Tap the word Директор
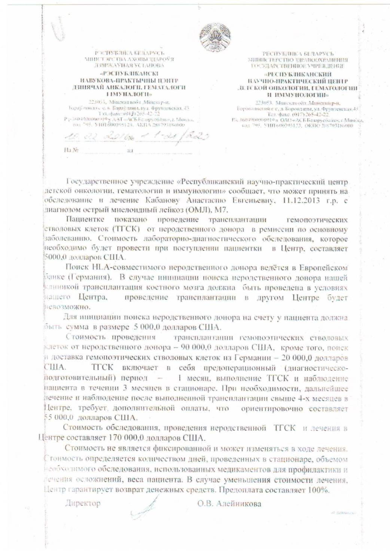coord(83,503)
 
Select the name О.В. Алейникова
coord(229,503)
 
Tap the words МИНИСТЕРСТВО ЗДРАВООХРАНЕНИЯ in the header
coord(298,60)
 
